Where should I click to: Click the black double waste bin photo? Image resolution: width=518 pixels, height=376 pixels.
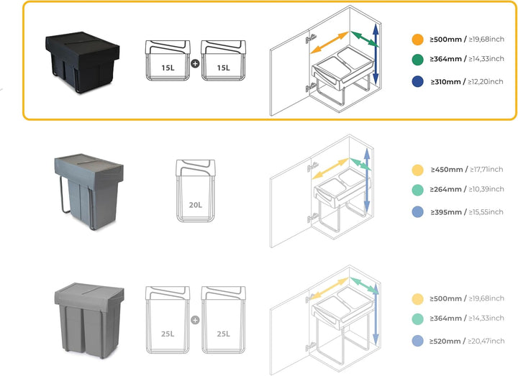[82, 62]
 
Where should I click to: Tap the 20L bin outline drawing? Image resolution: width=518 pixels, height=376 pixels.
[196, 191]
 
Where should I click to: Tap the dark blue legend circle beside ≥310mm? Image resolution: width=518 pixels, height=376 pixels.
[418, 81]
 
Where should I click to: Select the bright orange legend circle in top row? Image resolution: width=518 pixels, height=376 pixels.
[418, 40]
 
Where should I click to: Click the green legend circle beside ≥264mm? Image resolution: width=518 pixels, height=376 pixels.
[418, 190]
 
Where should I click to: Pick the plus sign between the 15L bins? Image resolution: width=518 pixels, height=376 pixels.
[195, 63]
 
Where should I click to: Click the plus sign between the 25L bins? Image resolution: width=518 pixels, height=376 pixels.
[195, 319]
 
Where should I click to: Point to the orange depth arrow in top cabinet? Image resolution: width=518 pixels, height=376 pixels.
[330, 42]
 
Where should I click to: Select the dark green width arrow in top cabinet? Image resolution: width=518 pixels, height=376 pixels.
[365, 39]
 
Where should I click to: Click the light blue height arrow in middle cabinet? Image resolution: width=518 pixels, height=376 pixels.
[367, 180]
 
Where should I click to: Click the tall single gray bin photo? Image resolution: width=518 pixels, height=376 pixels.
[89, 191]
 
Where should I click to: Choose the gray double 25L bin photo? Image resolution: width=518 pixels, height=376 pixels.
[89, 321]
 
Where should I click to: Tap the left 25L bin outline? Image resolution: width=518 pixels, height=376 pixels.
[168, 320]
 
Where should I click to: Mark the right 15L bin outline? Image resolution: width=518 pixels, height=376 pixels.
[223, 60]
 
